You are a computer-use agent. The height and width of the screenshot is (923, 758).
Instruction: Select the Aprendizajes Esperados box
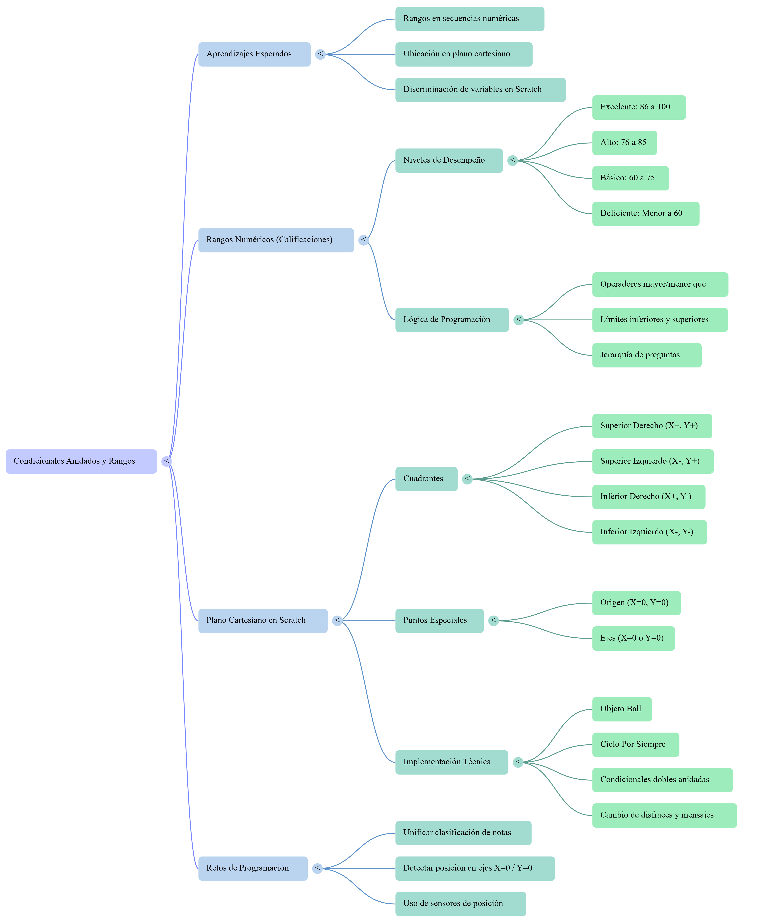pyautogui.click(x=254, y=54)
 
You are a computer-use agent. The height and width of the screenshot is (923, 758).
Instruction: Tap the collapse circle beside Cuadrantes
pyautogui.click(x=467, y=479)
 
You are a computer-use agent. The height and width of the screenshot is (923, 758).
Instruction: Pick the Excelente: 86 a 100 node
pyautogui.click(x=639, y=107)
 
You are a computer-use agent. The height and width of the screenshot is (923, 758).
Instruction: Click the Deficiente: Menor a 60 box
pyautogui.click(x=645, y=213)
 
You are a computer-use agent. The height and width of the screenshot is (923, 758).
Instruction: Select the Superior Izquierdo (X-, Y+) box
pyautogui.click(x=652, y=461)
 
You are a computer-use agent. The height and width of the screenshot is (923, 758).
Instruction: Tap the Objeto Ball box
pyautogui.click(x=622, y=709)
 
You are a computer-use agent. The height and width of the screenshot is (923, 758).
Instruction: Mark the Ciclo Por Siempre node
pyautogui.click(x=635, y=744)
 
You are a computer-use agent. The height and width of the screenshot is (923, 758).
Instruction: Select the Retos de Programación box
pyautogui.click(x=253, y=868)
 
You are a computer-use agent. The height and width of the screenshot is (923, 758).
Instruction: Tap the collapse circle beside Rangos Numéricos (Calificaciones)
pyautogui.click(x=363, y=240)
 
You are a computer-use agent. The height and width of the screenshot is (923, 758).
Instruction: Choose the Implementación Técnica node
pyautogui.click(x=451, y=762)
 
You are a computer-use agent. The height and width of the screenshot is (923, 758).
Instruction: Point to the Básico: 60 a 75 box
pyautogui.click(x=630, y=178)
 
